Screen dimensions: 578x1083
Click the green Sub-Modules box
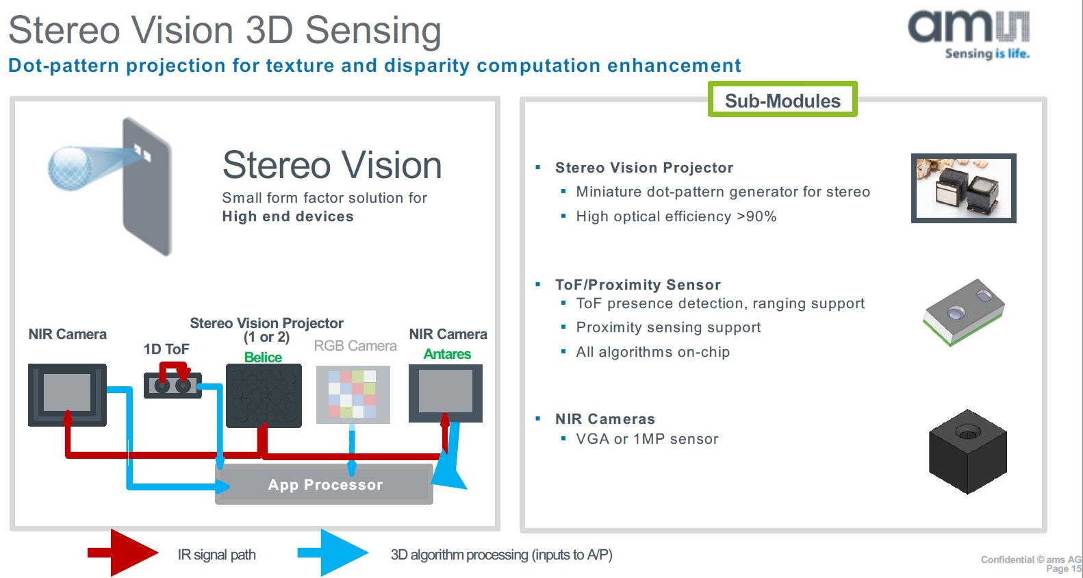pyautogui.click(x=782, y=100)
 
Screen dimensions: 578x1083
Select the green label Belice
pyautogui.click(x=263, y=357)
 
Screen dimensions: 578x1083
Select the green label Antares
pyautogui.click(x=447, y=354)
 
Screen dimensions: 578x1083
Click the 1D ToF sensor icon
pyautogui.click(x=173, y=385)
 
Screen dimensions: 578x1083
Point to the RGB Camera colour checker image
pyautogui.click(x=353, y=394)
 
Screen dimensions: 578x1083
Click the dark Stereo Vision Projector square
pyautogui.click(x=264, y=395)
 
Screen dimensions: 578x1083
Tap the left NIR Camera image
pyautogui.click(x=67, y=394)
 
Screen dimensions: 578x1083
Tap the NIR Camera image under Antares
pyautogui.click(x=446, y=392)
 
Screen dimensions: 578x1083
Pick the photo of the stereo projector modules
pyautogui.click(x=963, y=188)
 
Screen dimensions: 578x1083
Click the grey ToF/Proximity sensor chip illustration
pyautogui.click(x=964, y=312)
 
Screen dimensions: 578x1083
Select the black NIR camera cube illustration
pyautogui.click(x=967, y=451)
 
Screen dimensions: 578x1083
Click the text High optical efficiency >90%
pyautogui.click(x=676, y=216)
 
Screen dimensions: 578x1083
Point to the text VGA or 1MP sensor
pyautogui.click(x=647, y=439)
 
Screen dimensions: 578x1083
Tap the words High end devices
pyautogui.click(x=288, y=216)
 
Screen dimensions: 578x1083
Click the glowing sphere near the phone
pyautogui.click(x=69, y=168)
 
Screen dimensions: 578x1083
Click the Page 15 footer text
pyautogui.click(x=1063, y=568)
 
